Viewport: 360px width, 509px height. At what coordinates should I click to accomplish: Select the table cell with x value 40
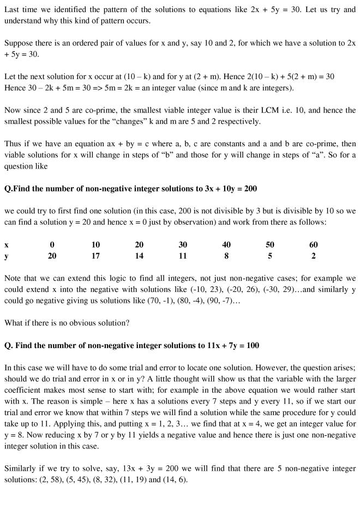(x=226, y=245)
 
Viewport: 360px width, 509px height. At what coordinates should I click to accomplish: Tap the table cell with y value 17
(x=95, y=255)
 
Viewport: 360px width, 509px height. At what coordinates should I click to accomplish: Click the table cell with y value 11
(x=183, y=255)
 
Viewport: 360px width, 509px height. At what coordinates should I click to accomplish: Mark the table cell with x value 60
(x=313, y=245)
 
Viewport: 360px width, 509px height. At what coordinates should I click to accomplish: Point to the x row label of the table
(x=6, y=245)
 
